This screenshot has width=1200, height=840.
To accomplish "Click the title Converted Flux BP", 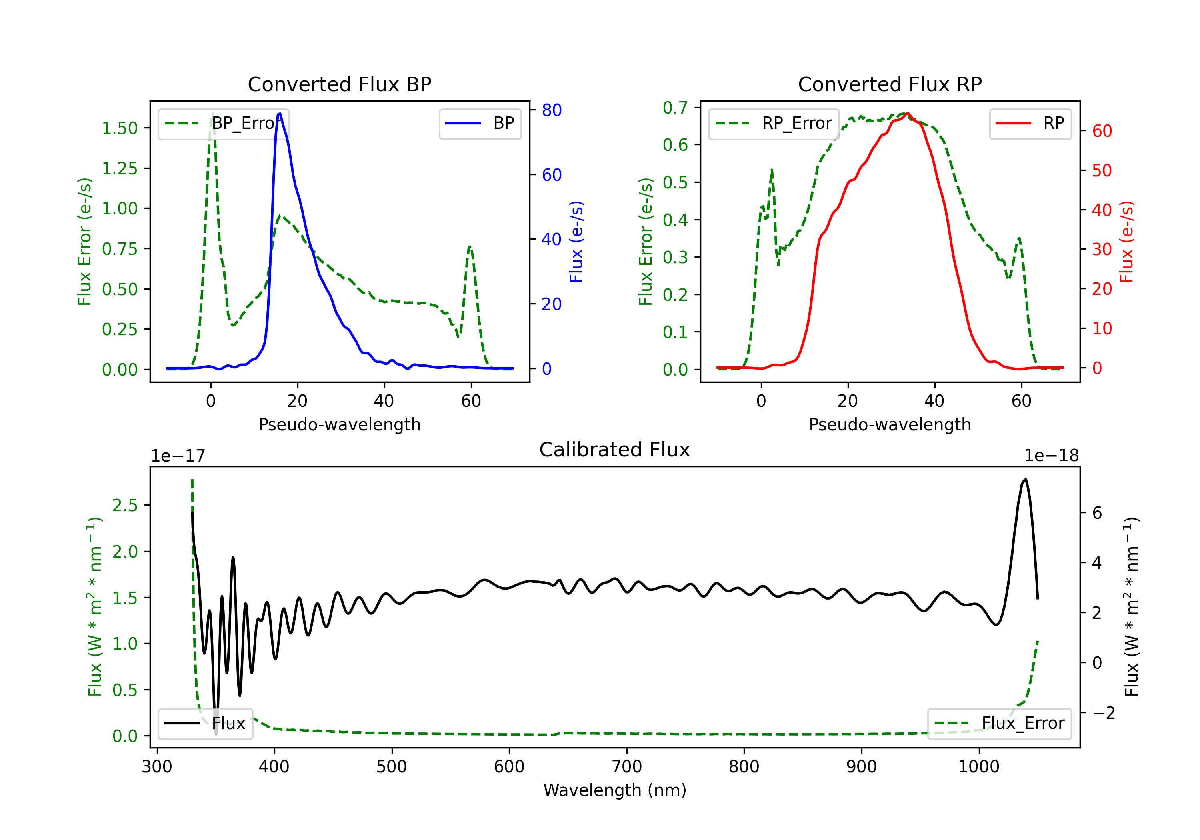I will [x=339, y=84].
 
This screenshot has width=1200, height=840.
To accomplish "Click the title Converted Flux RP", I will [x=890, y=84].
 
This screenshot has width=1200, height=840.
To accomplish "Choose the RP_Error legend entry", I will [x=774, y=123].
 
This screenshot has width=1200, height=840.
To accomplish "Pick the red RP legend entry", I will [x=1030, y=123].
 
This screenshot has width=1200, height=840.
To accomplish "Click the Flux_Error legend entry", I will [x=999, y=724].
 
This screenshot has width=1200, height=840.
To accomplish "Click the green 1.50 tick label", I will [x=120, y=128].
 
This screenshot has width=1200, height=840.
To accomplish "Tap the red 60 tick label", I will [x=1102, y=131].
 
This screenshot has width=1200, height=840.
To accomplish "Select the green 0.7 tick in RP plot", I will [x=675, y=108].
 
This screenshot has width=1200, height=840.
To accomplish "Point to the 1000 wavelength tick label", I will [x=978, y=767].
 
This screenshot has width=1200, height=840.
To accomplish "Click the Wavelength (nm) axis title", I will [x=615, y=790].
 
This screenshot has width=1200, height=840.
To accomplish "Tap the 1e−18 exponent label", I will [x=1052, y=456].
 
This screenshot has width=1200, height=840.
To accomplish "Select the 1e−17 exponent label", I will [x=178, y=456].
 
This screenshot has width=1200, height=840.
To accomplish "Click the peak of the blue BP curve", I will [x=280, y=114].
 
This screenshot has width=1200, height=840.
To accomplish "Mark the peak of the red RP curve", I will [x=907, y=114].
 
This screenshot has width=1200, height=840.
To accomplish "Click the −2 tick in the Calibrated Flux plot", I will [x=1103, y=713].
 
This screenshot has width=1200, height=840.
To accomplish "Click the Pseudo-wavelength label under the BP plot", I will [x=339, y=424].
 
